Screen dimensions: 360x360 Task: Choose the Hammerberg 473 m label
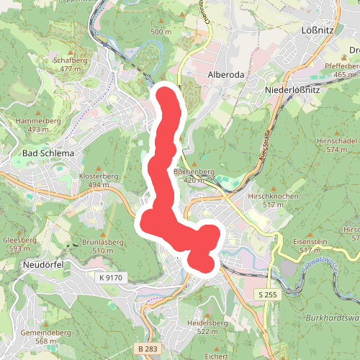click(35, 125)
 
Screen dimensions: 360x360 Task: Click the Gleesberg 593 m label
click(20, 244)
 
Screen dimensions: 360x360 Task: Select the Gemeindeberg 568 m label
click(46, 337)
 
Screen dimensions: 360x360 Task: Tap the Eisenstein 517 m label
click(315, 246)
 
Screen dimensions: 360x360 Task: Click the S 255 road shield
click(266, 294)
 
